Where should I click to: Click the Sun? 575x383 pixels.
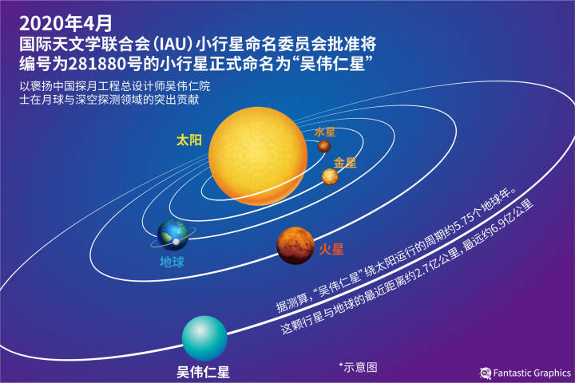coord(258,156)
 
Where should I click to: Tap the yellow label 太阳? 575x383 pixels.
coord(189,140)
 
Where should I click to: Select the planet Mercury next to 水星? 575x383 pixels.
coord(324,146)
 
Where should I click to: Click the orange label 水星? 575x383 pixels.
coord(325,132)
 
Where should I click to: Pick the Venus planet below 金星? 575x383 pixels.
coord(330,176)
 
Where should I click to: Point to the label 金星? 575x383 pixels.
coord(345,162)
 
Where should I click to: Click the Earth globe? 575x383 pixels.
coord(172,235)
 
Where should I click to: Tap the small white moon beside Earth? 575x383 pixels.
coord(176,242)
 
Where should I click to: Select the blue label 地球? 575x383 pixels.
coord(172,262)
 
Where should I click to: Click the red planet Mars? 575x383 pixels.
coord(295,246)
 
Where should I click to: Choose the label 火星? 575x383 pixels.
coord(331,250)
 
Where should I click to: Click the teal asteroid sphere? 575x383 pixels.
coord(204,338)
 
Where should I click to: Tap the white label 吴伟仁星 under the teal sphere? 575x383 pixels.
coord(203,372)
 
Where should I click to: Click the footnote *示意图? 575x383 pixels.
coord(359,367)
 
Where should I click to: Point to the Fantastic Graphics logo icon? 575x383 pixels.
coord(486,373)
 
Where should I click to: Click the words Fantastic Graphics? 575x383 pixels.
coord(532,373)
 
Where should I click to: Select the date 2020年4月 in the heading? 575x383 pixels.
coord(65,23)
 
